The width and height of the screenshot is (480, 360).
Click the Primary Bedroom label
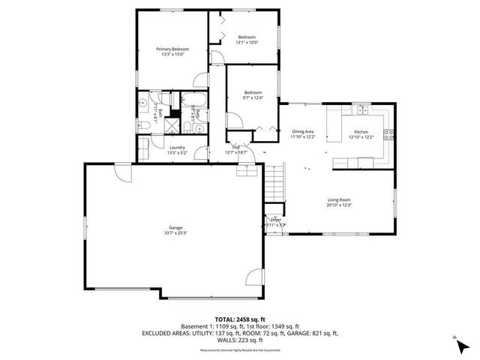[172, 49]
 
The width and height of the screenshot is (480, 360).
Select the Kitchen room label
[362, 132]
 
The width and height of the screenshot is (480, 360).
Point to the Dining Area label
[303, 132]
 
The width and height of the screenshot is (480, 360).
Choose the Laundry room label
[178, 147]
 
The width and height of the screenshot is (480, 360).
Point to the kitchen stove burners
[388, 135]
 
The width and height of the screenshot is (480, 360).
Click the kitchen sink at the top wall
[363, 109]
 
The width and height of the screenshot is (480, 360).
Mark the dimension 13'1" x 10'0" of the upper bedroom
[247, 43]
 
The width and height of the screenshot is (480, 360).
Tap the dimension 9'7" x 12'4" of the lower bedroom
[252, 97]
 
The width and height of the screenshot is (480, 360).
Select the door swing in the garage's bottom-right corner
[255, 279]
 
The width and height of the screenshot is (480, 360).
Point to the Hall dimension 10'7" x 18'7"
[236, 152]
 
